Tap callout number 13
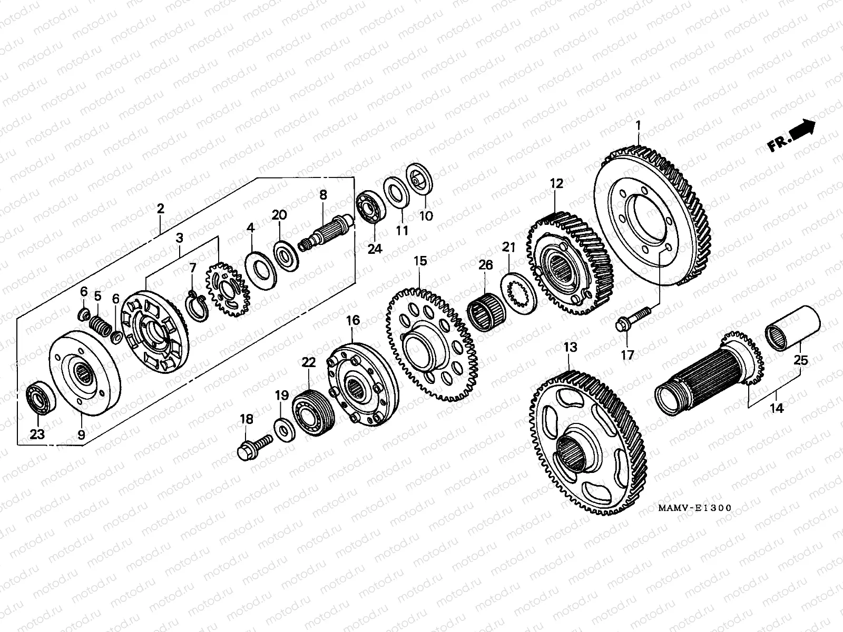(x=570, y=347)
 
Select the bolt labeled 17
(x=631, y=322)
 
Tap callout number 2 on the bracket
(x=160, y=208)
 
